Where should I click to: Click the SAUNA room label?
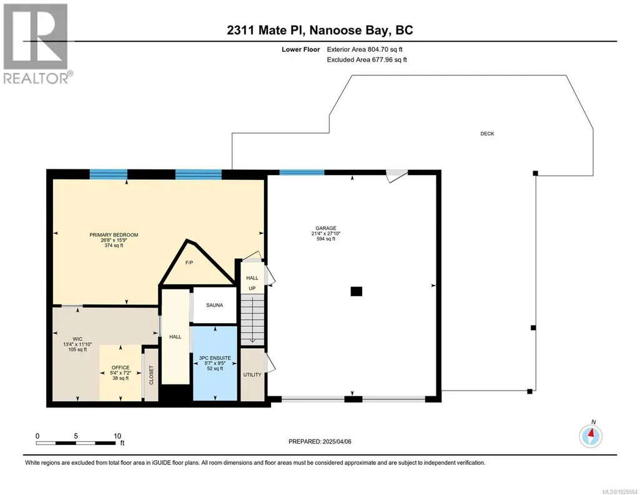(215, 305)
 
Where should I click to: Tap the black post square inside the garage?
(357, 291)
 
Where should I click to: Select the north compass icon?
(591, 436)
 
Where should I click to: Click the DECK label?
(487, 134)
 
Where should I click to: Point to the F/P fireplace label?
(189, 262)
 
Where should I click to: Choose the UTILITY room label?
(252, 374)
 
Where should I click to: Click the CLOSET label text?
(152, 375)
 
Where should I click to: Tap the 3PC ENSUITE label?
(215, 357)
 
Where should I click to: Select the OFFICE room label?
(121, 367)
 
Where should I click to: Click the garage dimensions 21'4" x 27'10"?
(326, 234)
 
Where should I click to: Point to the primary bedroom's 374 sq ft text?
(114, 246)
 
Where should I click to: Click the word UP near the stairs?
(252, 288)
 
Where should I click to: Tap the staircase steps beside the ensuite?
(252, 321)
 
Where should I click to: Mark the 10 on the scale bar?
(117, 436)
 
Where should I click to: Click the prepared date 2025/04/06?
(337, 441)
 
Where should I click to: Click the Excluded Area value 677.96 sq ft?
(390, 59)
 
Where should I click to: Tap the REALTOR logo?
(37, 44)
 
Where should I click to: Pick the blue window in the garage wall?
(302, 172)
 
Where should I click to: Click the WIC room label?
(77, 339)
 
